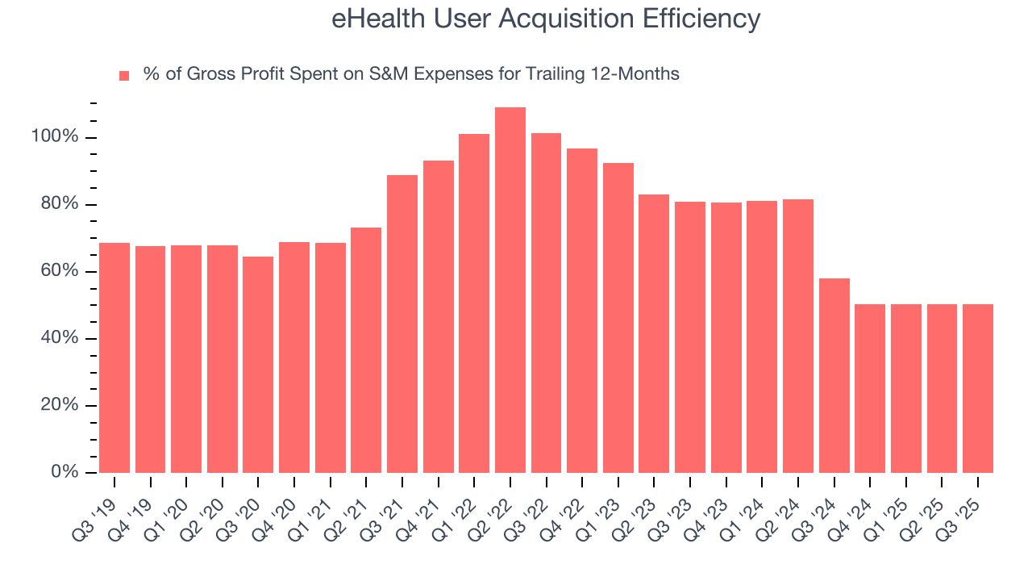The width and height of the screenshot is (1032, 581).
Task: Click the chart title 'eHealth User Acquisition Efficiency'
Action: (546, 19)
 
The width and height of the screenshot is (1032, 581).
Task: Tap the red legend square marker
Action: (124, 75)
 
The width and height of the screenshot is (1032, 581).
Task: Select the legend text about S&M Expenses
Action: (410, 74)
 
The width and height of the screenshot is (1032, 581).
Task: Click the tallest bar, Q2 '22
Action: (510, 290)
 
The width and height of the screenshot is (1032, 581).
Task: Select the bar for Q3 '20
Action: (258, 364)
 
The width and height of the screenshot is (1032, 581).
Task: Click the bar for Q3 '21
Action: (402, 324)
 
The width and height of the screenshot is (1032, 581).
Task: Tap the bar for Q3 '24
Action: (834, 375)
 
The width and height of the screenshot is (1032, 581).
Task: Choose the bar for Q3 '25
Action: (978, 388)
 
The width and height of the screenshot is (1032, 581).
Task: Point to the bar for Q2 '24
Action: (798, 336)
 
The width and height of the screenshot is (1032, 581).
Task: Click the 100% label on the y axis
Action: (55, 137)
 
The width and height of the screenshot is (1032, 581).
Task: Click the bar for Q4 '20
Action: (294, 357)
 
